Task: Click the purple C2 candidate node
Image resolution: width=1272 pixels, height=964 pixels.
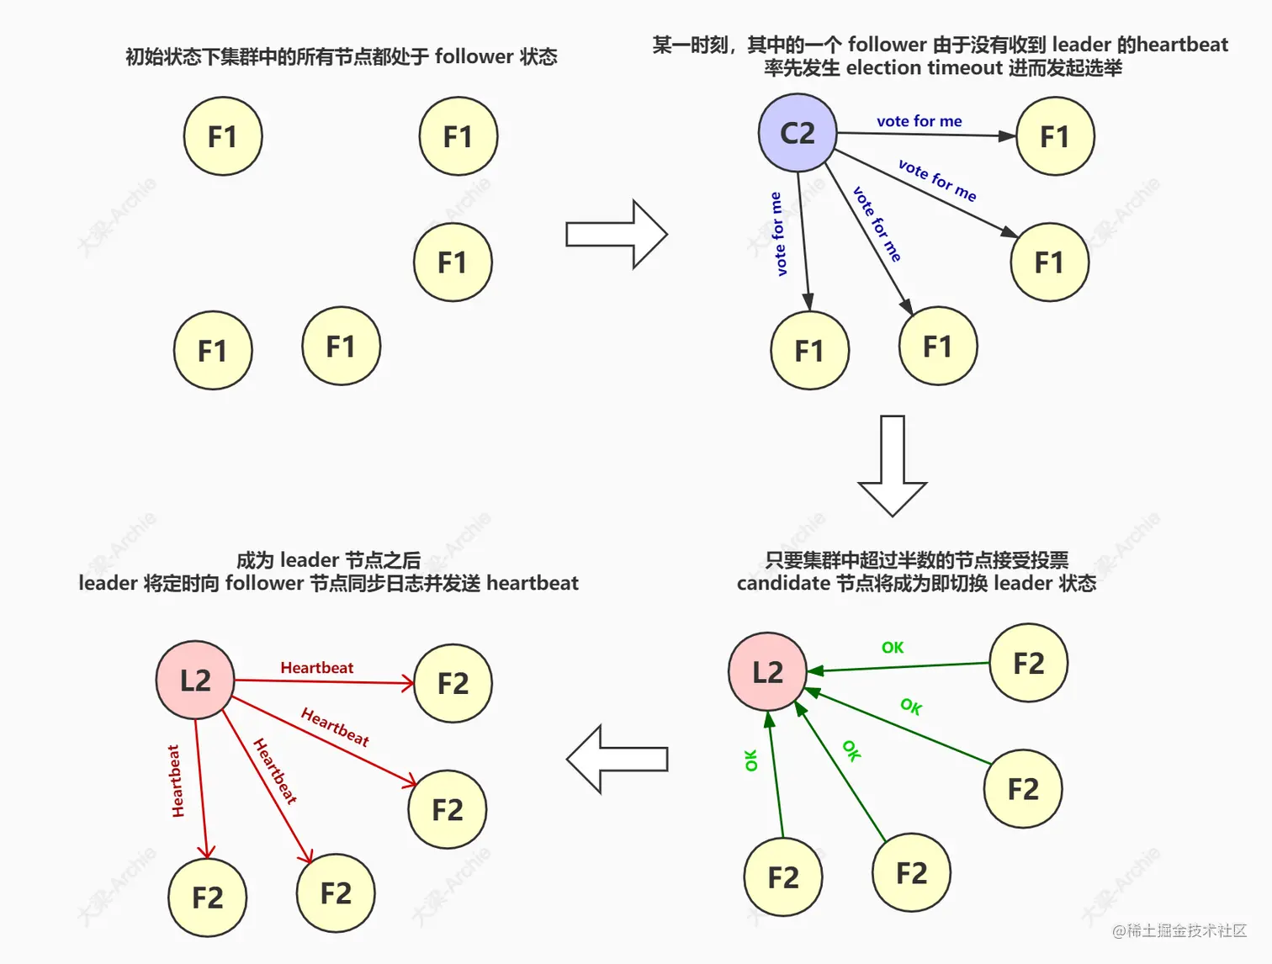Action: (x=798, y=133)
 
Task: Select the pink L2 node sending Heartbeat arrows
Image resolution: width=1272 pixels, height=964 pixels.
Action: (x=195, y=680)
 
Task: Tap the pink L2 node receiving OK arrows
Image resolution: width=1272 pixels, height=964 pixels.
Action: (x=767, y=672)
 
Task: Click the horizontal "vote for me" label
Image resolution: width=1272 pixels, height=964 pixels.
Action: (x=919, y=121)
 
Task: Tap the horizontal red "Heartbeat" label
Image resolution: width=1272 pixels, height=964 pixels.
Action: (x=316, y=668)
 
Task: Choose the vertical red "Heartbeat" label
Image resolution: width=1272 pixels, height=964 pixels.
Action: (x=176, y=781)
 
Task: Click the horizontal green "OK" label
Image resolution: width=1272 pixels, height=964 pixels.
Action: (x=893, y=648)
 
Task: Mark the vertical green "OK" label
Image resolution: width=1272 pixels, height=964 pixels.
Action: (x=751, y=760)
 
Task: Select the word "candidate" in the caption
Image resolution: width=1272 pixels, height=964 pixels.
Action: (x=783, y=584)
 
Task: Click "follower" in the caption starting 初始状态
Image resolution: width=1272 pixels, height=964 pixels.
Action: (x=474, y=56)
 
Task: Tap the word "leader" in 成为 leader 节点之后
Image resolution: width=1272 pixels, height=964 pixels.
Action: (x=309, y=560)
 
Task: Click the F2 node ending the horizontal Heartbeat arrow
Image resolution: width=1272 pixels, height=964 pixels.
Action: (x=453, y=683)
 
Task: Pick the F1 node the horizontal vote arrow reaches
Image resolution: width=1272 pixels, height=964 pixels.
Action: (x=1055, y=136)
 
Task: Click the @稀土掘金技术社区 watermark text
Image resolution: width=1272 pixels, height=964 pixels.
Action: (x=1179, y=930)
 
